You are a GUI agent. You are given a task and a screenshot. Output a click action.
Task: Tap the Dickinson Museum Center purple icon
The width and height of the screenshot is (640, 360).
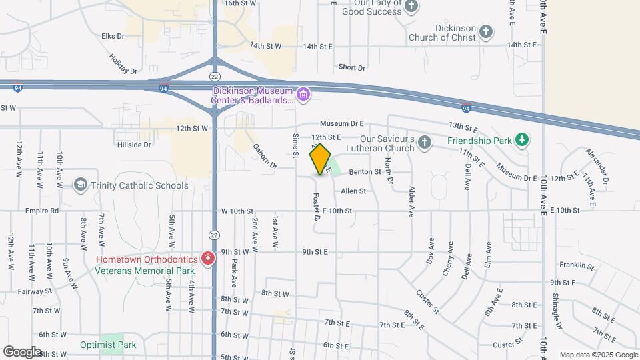tap(303, 95)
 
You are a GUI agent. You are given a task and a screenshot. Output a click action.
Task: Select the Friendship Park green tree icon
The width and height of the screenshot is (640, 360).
tap(524, 140)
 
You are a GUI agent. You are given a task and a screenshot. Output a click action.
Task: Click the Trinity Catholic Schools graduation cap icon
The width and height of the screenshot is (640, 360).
tap(81, 185)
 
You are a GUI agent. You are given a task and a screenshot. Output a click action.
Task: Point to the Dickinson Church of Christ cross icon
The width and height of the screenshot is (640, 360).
tap(487, 31)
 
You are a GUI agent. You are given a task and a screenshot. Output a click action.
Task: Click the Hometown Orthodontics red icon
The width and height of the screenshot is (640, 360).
tap(207, 258)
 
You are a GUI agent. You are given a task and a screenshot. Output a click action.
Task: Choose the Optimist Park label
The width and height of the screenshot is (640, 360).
tap(108, 345)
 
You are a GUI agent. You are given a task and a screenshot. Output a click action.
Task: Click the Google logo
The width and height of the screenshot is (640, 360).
tap(22, 351)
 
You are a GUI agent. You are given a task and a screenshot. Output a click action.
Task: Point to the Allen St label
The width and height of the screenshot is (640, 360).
tap(353, 191)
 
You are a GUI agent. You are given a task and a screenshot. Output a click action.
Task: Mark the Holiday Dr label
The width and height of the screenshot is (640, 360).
tap(123, 64)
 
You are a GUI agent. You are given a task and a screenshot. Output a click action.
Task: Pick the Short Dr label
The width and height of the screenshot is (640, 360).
tap(352, 67)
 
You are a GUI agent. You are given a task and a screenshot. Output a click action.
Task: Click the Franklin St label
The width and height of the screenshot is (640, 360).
tap(577, 265)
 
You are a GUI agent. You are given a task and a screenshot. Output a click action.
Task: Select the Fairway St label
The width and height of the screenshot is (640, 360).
tap(35, 291)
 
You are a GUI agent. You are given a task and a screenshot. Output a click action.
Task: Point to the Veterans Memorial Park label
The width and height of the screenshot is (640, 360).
tap(145, 271)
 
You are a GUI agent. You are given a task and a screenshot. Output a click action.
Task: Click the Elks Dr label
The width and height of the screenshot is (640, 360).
tap(113, 36)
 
